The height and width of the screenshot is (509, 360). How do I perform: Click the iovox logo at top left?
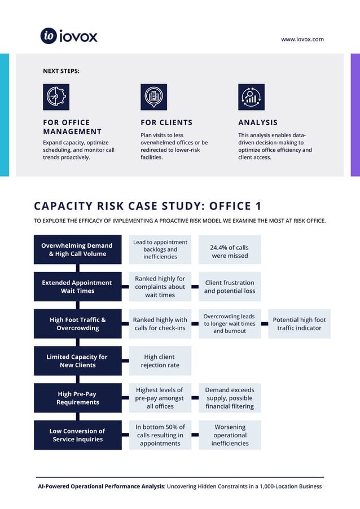69,36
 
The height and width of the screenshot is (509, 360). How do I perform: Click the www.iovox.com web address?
302,39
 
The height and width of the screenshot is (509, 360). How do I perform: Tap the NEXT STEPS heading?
61,71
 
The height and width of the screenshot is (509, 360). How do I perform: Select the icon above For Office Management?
56,97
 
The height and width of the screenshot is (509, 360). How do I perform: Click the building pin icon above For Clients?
153,97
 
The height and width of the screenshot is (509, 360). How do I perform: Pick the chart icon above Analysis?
251,97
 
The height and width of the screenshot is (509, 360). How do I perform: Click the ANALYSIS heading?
258,122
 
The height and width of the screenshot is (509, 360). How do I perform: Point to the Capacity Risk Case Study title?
148,206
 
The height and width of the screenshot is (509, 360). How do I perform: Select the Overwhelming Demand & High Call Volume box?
77,249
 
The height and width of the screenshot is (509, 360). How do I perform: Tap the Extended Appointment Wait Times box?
77,287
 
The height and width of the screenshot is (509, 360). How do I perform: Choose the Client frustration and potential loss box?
230,287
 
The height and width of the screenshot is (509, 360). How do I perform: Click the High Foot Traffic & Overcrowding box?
77,324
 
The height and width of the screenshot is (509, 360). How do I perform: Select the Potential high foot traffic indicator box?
299,324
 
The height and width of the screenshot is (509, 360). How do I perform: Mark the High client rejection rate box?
160,361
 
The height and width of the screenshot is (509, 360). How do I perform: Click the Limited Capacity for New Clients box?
77,361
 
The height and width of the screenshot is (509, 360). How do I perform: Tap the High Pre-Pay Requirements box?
77,398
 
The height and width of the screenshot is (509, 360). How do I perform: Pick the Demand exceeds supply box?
230,398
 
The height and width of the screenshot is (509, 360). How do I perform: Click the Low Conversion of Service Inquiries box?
77,435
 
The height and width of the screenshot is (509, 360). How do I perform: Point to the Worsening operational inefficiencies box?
230,435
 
